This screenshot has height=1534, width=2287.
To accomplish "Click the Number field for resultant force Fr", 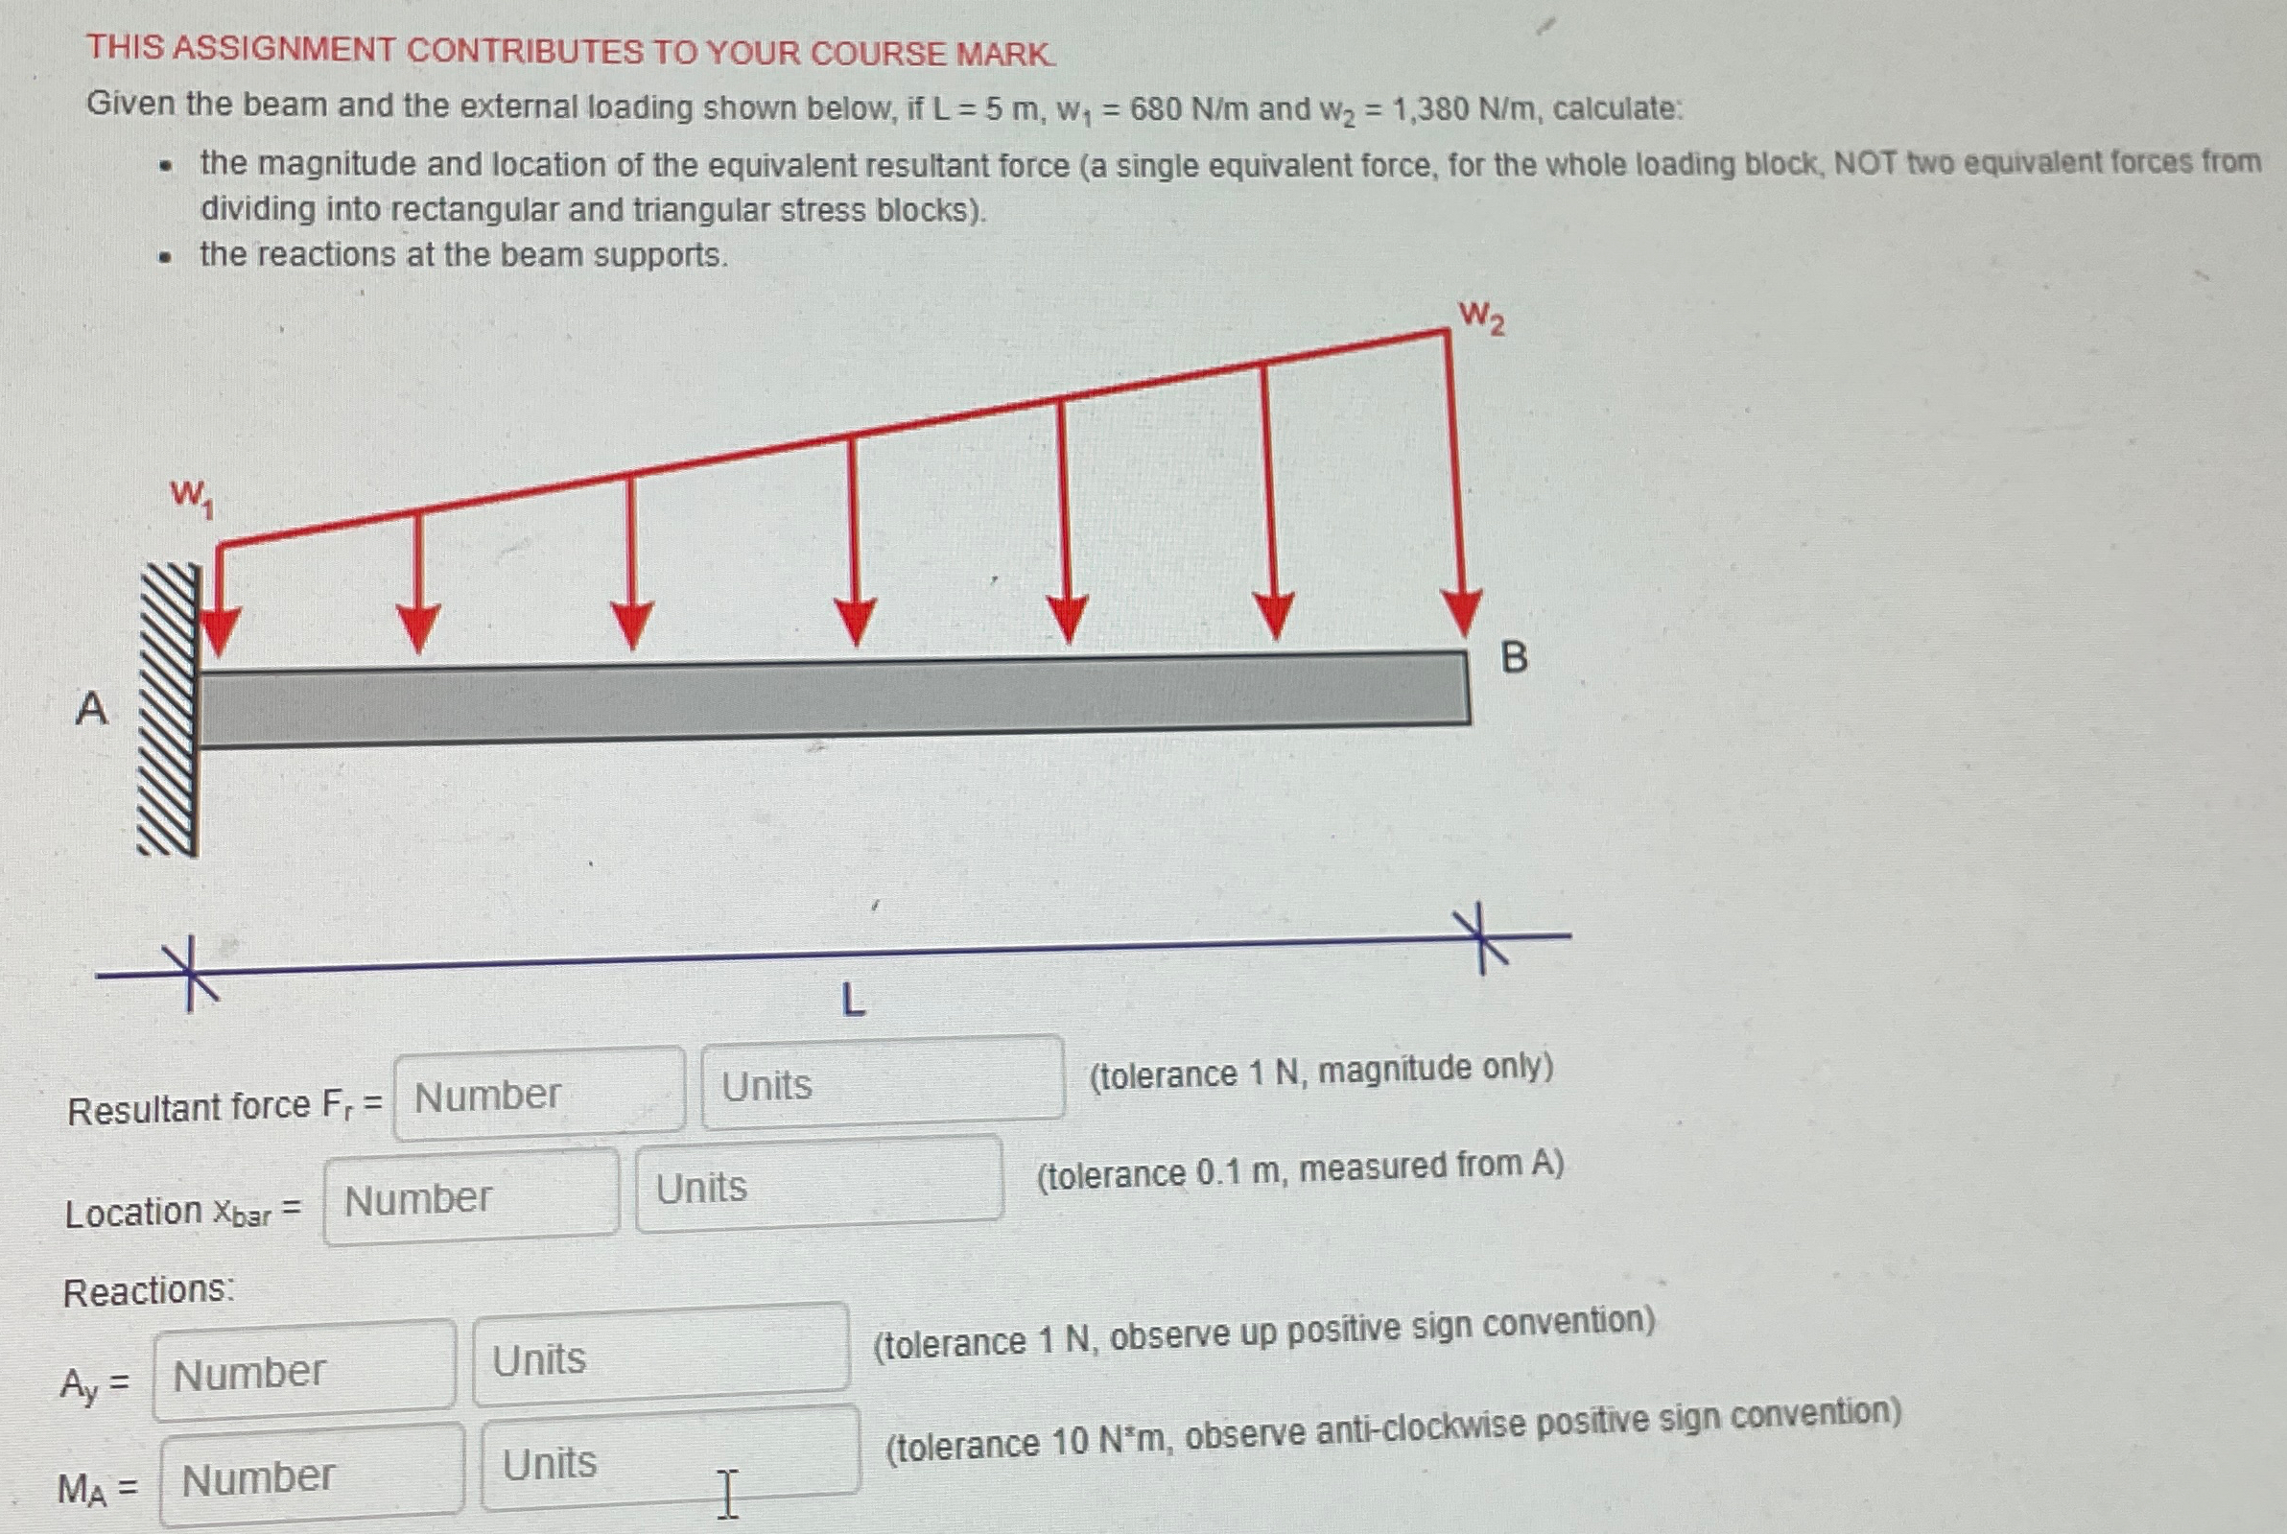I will (x=539, y=1094).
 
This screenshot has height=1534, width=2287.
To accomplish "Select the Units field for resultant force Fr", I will (x=882, y=1082).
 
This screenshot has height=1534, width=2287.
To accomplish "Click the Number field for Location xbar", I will (x=470, y=1197).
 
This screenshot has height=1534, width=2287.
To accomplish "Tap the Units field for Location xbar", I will (x=818, y=1183).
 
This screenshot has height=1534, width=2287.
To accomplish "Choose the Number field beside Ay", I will (x=304, y=1371).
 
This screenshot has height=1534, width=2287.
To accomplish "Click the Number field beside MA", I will (x=312, y=1475).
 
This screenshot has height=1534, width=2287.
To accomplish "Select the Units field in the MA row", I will (x=670, y=1458).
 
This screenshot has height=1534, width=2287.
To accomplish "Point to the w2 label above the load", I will (x=1481, y=317).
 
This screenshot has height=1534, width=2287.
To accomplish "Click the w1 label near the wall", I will (x=192, y=497).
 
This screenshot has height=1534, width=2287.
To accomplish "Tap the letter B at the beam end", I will (x=1512, y=657).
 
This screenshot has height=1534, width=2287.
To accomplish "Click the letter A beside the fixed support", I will (x=92, y=707).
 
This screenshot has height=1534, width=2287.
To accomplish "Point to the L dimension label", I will (x=853, y=1001).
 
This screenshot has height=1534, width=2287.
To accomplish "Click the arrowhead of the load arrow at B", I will (x=1461, y=614).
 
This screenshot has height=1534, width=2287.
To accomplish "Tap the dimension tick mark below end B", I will (x=1479, y=938).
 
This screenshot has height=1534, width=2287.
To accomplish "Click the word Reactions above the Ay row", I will (x=149, y=1291).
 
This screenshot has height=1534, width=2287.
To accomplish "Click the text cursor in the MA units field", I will (x=727, y=1493).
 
